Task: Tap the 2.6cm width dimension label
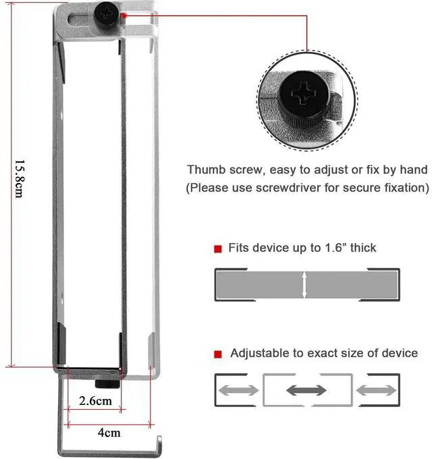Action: [x=94, y=401]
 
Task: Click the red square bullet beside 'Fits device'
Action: [x=218, y=249]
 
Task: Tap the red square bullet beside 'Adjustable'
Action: [x=218, y=354]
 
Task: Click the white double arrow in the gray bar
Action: [x=306, y=284]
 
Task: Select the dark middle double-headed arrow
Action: [x=306, y=391]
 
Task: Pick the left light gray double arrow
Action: [x=238, y=391]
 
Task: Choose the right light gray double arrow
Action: [x=375, y=391]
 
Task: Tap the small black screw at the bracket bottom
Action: [x=107, y=384]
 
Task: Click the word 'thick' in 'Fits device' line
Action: [x=362, y=248]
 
